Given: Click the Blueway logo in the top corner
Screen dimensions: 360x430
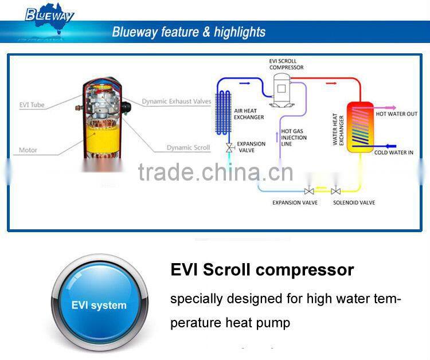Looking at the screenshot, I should point(49,14).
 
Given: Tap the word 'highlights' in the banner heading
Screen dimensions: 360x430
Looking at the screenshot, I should point(239,32).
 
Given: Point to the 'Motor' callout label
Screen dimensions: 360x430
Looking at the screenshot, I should point(28,150).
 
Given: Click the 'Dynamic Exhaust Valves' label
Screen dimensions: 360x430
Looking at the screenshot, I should point(177,101).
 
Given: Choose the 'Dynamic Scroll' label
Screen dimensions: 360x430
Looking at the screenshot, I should point(188,147).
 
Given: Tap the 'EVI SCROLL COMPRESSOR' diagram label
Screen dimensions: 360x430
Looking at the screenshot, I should point(287,64).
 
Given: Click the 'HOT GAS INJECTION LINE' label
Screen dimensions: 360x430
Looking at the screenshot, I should point(294,138).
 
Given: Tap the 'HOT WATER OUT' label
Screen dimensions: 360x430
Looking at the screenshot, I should point(397,114).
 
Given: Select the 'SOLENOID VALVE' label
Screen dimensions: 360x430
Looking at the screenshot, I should point(354,203).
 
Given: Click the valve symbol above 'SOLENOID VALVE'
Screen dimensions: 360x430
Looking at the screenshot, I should point(336,191).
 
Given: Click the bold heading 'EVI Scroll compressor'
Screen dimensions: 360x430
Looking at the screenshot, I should point(262,270).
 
